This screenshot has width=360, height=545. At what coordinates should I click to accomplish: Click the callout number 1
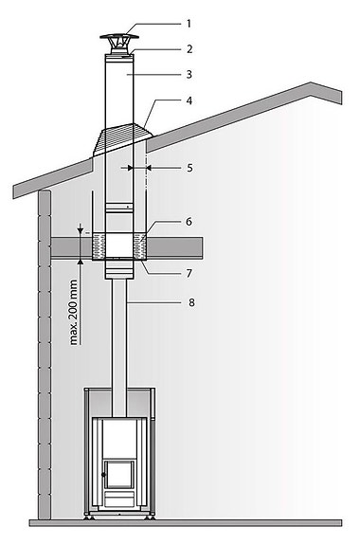[x=189, y=23]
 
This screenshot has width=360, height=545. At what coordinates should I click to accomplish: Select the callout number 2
[x=189, y=47]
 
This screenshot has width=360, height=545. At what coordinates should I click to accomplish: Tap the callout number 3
[x=189, y=72]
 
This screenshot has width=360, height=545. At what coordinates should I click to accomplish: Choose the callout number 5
[x=189, y=167]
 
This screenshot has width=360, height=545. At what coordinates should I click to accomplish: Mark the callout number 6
[x=189, y=221]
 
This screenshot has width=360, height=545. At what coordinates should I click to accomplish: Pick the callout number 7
[x=189, y=273]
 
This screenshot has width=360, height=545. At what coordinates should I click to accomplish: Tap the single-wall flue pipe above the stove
[x=119, y=332]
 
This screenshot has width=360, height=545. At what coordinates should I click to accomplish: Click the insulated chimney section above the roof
[x=118, y=85]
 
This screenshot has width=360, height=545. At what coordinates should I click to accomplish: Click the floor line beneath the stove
[x=180, y=522]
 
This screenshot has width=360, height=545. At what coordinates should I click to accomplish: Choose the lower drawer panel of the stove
[x=119, y=499]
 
